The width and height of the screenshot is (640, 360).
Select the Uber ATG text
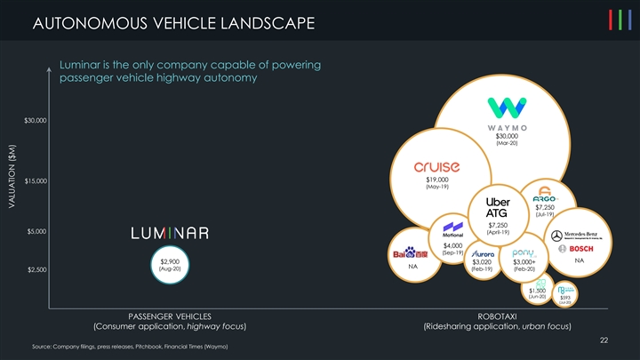pyautogui.click(x=496, y=207)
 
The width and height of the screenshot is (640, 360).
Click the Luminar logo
pyautogui.click(x=170, y=233)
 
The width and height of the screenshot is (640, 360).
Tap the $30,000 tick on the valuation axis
pyautogui.click(x=36, y=120)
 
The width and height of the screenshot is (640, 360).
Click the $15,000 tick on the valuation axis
pyautogui.click(x=36, y=181)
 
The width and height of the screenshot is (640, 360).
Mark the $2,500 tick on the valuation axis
pyautogui.click(x=36, y=270)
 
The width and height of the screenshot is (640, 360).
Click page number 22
pyautogui.click(x=604, y=339)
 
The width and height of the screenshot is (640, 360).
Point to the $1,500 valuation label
pyautogui.click(x=537, y=290)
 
